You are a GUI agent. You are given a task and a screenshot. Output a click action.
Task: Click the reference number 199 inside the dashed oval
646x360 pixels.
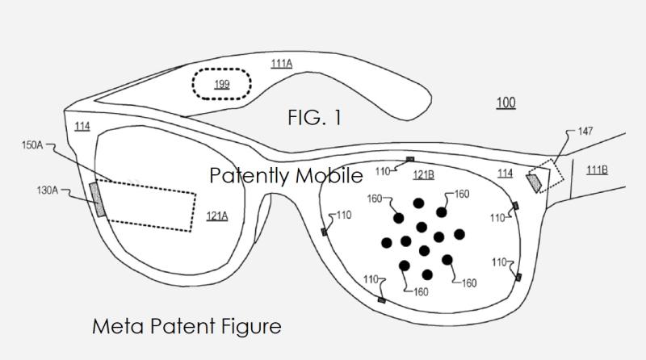coord(221,84)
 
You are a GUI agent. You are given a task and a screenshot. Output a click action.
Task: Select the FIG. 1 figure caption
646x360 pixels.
coord(314,118)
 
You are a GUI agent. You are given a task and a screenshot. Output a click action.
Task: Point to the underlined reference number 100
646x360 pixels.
coord(505,103)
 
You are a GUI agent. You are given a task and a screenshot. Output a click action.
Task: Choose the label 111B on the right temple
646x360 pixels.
coord(597,170)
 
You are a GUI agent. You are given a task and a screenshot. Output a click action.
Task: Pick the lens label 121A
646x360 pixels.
coord(216,216)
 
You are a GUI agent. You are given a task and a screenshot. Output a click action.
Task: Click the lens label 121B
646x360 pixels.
coord(424,175)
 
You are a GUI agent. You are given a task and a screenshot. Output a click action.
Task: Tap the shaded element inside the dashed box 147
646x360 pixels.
coord(535,182)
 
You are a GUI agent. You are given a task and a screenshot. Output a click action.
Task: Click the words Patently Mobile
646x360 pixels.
coord(286,175)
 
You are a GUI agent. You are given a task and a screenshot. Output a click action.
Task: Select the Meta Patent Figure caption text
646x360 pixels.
coord(187,327)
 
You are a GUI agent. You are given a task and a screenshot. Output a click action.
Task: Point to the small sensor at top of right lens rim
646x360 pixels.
coord(410,160)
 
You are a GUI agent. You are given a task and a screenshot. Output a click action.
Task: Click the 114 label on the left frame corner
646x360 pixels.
coord(82,127)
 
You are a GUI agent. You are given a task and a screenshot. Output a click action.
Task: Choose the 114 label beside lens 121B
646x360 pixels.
coord(505,174)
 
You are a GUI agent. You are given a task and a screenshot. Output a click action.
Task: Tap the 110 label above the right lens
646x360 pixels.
coord(382,171)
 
